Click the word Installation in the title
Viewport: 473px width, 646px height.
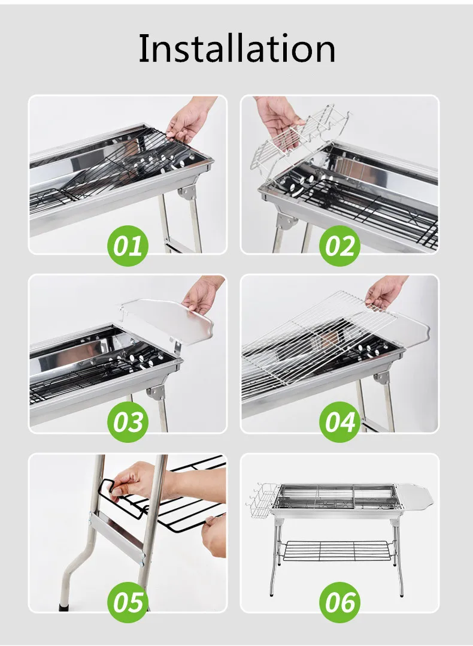pyautogui.click(x=236, y=49)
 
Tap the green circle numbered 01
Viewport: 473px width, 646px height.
pyautogui.click(x=128, y=246)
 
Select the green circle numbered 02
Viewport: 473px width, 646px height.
pyautogui.click(x=339, y=246)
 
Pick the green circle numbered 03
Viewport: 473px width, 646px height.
pyautogui.click(x=128, y=422)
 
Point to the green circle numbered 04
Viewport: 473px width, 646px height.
pyautogui.click(x=339, y=422)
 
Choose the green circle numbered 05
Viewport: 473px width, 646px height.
pyautogui.click(x=128, y=602)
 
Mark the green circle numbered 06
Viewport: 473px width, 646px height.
pyautogui.click(x=339, y=602)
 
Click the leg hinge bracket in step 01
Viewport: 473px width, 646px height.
pyautogui.click(x=189, y=196)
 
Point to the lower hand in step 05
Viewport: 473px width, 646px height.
pyautogui.click(x=214, y=536)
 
